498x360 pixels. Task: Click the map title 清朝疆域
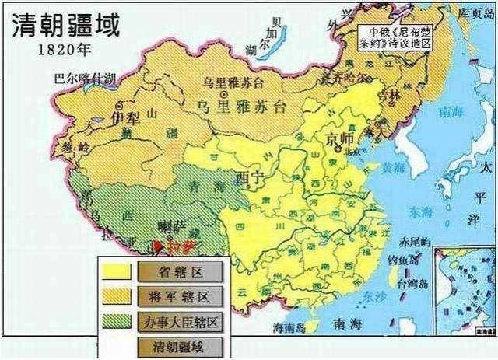tap(65, 26)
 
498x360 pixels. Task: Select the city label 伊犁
tap(124, 117)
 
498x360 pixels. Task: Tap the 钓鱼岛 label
tap(412, 260)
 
